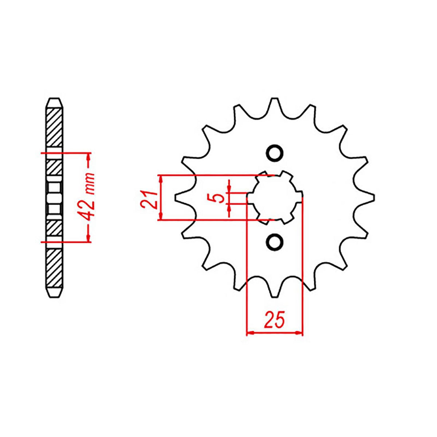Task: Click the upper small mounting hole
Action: tap(274, 153)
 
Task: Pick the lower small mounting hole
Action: tap(274, 242)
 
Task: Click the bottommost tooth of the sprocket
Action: tap(275, 291)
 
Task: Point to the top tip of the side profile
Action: tap(54, 99)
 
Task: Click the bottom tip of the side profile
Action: tap(54, 296)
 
